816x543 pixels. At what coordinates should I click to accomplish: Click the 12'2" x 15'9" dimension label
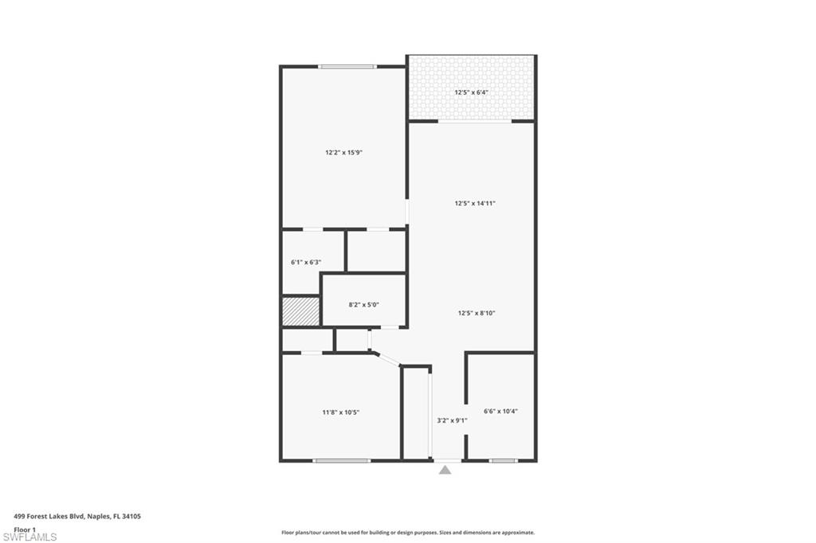tap(343, 152)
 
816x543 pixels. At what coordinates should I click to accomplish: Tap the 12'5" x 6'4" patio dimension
tap(471, 92)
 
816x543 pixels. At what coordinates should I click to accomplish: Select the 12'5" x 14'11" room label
tap(475, 203)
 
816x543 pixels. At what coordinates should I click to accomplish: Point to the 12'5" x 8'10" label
tap(477, 313)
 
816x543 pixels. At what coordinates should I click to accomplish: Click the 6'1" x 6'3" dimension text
tap(305, 262)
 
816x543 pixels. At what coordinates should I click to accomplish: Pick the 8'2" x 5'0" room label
tap(363, 304)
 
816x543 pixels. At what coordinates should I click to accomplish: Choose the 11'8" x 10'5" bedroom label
tap(340, 412)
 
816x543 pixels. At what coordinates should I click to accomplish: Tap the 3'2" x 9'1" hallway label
tap(451, 420)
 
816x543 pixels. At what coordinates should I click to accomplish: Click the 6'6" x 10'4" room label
tap(500, 412)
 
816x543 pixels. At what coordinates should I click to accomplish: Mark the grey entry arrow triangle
tap(445, 470)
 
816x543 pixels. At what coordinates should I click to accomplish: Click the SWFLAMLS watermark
tap(29, 537)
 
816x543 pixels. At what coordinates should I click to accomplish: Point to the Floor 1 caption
tap(25, 529)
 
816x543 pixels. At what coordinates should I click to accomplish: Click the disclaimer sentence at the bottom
tap(407, 533)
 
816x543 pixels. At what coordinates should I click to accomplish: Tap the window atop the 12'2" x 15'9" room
tap(347, 66)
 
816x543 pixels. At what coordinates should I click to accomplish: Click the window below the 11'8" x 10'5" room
tap(341, 460)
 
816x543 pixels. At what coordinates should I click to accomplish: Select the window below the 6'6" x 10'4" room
tap(503, 460)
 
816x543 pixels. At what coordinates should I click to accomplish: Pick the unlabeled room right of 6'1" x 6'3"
tap(376, 252)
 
